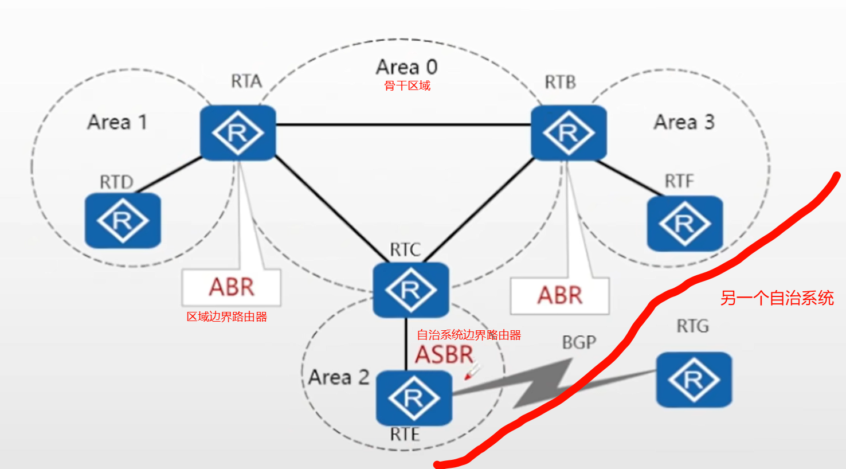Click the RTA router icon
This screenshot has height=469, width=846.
[x=238, y=132]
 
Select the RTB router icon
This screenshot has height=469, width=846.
[x=569, y=132]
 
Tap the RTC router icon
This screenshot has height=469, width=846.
[x=410, y=290]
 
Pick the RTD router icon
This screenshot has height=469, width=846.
[x=123, y=220]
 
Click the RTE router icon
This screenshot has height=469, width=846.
[x=414, y=397]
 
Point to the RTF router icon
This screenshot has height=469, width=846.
[x=684, y=223]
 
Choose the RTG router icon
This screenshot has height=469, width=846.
[x=694, y=380]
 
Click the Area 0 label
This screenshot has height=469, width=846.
[x=407, y=67]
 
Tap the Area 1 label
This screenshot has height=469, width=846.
[x=117, y=122]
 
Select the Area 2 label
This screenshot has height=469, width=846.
[x=338, y=377]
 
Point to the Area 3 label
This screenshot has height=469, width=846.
[x=684, y=122]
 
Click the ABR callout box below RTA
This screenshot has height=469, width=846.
[x=232, y=287]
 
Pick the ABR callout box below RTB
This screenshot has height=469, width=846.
[x=559, y=295]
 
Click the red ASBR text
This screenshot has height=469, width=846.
[x=444, y=355]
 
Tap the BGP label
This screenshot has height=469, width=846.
[x=579, y=342]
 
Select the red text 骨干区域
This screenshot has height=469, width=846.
[x=407, y=86]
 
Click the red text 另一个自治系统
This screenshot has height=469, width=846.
[x=777, y=298]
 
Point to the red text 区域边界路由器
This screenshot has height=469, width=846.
[x=227, y=316]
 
